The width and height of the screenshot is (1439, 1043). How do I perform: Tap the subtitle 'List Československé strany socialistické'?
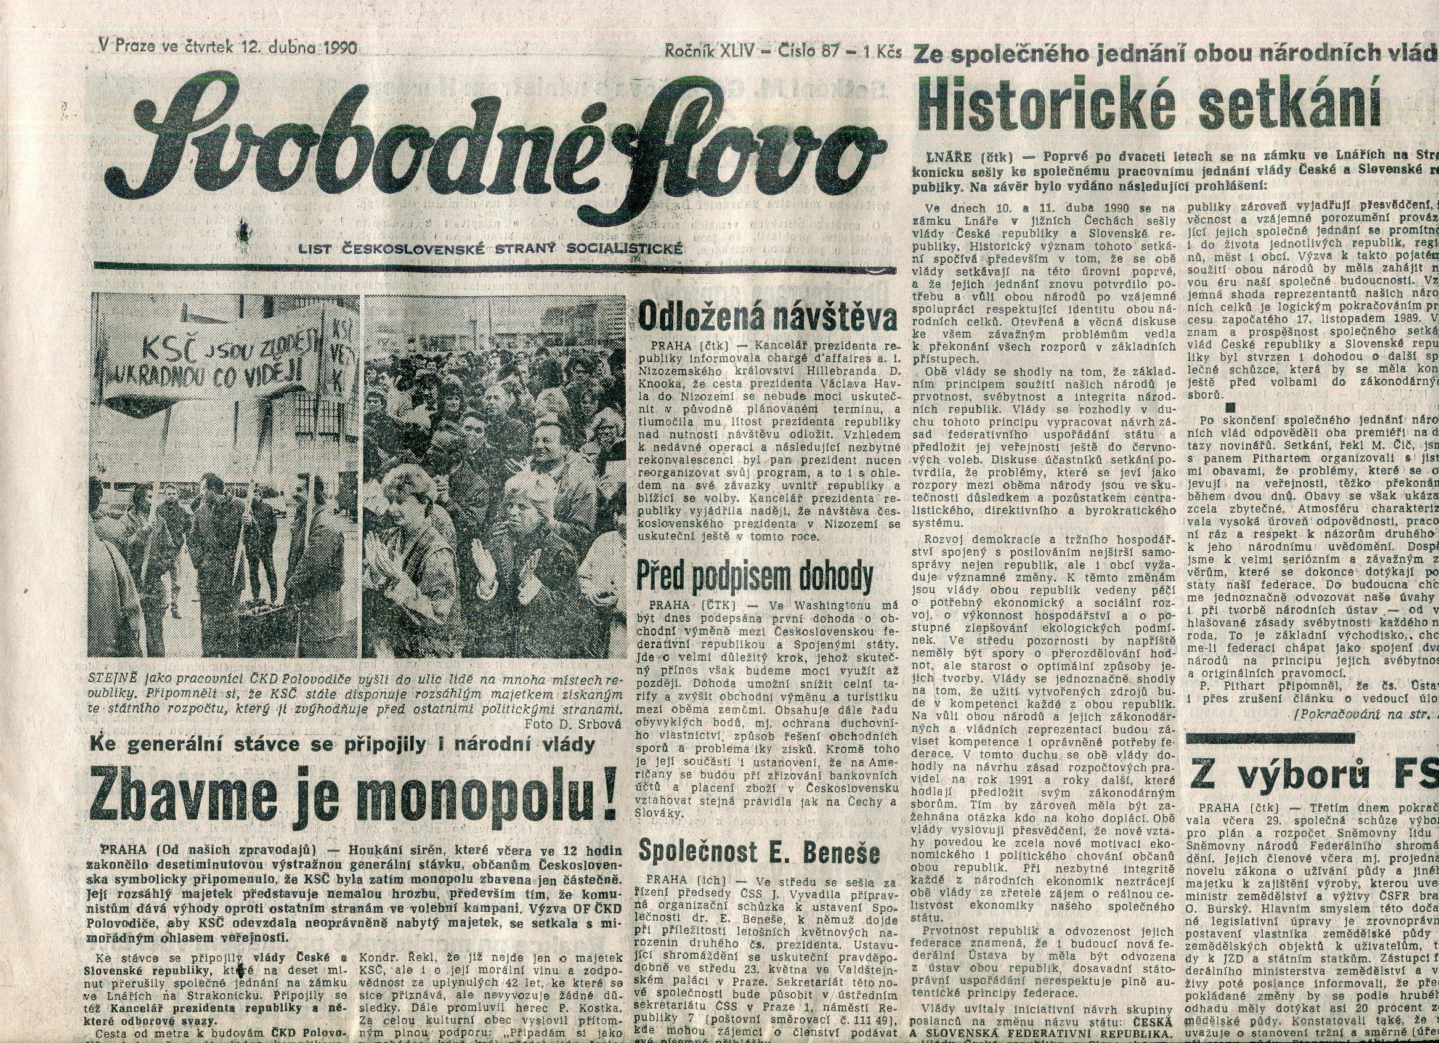[x=490, y=248]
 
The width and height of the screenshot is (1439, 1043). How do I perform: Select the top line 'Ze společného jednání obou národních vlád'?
[x=1173, y=57]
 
